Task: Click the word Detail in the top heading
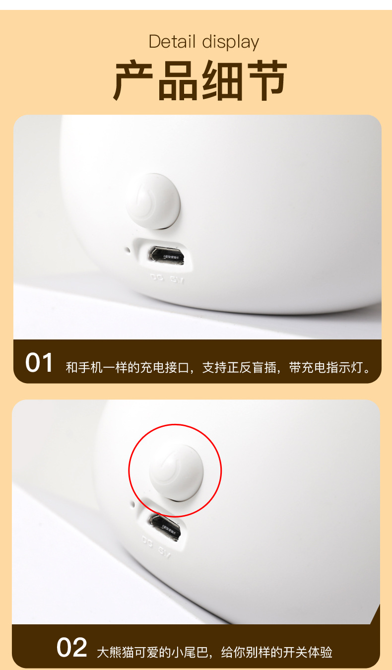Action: pyautogui.click(x=172, y=42)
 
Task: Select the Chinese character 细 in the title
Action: pyautogui.click(x=222, y=81)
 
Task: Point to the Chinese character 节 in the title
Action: pyautogui.click(x=266, y=81)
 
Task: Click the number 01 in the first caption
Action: pyautogui.click(x=39, y=363)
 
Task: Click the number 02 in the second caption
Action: pyautogui.click(x=71, y=648)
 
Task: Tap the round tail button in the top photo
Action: pyautogui.click(x=153, y=201)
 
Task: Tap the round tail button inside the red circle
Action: pyautogui.click(x=176, y=471)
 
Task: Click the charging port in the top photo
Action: pyautogui.click(x=167, y=255)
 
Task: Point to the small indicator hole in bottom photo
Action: pyautogui.click(x=133, y=506)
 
